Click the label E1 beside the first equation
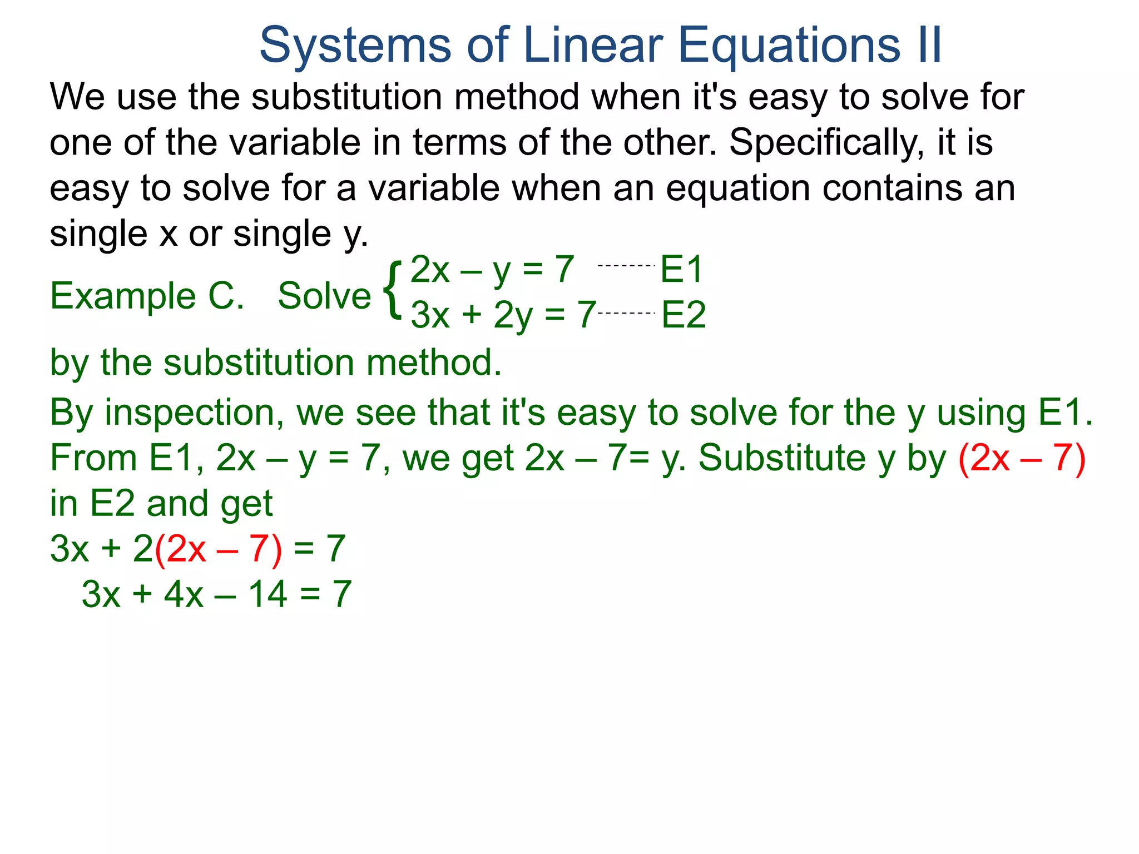click(x=682, y=270)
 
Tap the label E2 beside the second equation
click(x=684, y=315)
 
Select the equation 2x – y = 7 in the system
click(x=492, y=270)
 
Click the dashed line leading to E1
click(x=626, y=266)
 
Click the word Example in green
click(x=123, y=296)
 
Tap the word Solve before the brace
click(x=324, y=296)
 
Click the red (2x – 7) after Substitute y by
click(x=1022, y=459)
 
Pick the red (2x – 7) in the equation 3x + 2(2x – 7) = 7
click(x=218, y=550)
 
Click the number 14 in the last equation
click(x=268, y=594)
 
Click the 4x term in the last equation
click(x=184, y=594)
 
